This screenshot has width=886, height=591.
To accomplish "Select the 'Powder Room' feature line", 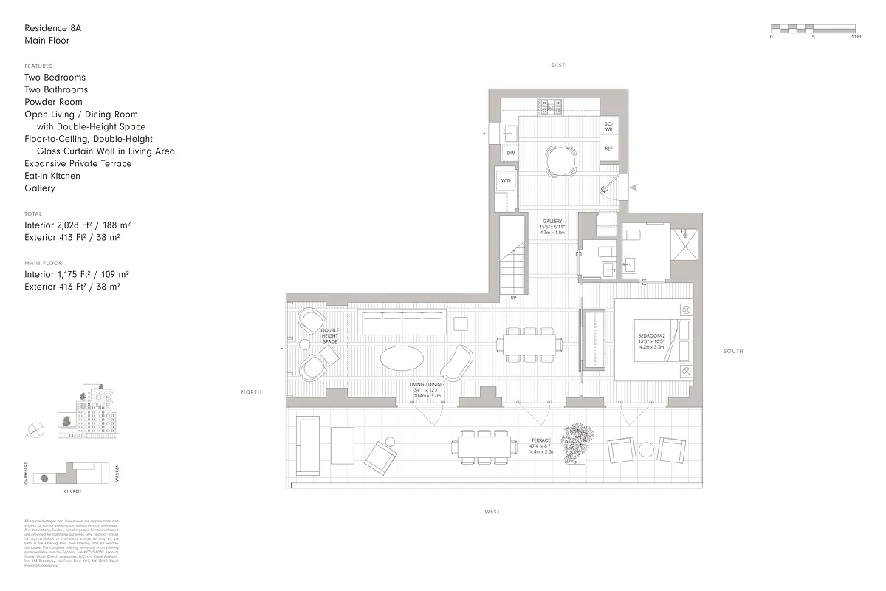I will [x=53, y=102].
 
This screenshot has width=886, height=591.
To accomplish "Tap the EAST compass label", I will [x=557, y=65].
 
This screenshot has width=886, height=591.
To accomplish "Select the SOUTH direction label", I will [x=732, y=351].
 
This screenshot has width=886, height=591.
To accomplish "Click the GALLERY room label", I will [x=552, y=222].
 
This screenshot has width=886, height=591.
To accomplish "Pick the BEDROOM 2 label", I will [x=651, y=336].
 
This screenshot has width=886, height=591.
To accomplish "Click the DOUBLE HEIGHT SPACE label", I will [x=329, y=336].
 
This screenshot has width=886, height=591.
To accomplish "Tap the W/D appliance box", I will [x=506, y=180].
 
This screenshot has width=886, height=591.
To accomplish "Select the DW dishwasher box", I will [x=510, y=153].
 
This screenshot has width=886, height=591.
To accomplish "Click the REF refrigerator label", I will [x=608, y=148].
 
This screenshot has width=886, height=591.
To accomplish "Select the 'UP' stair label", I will [x=513, y=298].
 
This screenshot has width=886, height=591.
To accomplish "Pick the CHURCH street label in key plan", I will [x=72, y=491].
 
